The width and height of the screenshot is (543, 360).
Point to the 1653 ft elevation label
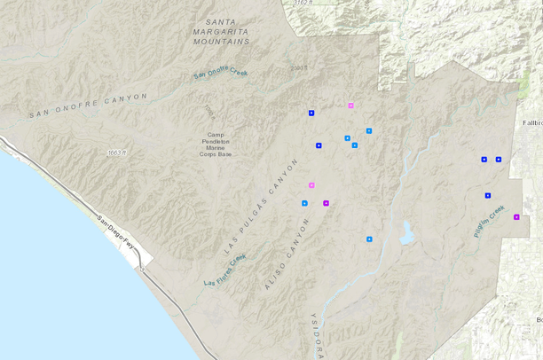(118, 153)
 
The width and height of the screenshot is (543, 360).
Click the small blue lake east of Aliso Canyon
(406, 233)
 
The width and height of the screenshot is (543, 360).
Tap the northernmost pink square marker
(351, 106)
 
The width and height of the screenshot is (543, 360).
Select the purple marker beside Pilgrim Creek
(516, 216)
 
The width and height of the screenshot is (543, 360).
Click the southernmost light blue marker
(369, 239)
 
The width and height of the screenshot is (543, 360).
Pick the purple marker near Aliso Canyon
(327, 204)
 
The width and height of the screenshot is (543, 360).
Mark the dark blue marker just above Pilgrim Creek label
(488, 195)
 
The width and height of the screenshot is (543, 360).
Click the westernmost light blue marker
(304, 204)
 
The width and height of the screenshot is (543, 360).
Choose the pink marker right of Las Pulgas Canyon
(311, 185)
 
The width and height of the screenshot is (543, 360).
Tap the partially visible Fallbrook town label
(532, 123)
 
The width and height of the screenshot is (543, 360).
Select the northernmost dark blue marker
(311, 113)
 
